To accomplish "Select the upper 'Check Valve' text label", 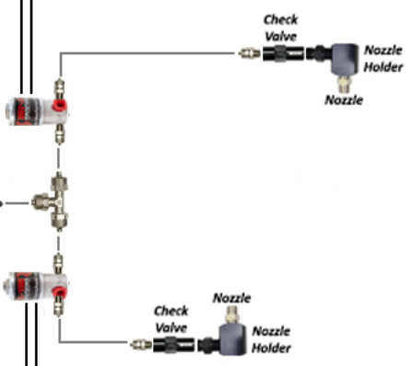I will click(280, 27).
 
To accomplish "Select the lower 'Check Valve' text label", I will click(171, 319).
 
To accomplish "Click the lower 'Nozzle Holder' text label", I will click(272, 338).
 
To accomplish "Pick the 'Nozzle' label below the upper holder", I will click(344, 99).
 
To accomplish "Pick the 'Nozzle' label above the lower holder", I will click(232, 298).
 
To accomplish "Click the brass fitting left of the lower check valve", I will click(139, 346).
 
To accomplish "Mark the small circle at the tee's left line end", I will click(2, 202).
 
